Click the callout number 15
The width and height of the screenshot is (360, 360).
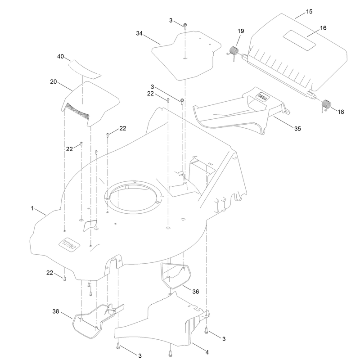(309, 12)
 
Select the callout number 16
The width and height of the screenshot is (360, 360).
(323, 28)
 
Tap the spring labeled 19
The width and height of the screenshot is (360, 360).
(234, 52)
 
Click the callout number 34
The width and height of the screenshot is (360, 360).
(139, 33)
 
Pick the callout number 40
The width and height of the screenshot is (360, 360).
(60, 57)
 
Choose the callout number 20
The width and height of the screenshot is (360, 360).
(54, 82)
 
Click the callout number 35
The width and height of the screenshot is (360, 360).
(297, 129)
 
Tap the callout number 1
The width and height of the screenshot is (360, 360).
(32, 208)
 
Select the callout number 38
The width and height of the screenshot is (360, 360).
(56, 311)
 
